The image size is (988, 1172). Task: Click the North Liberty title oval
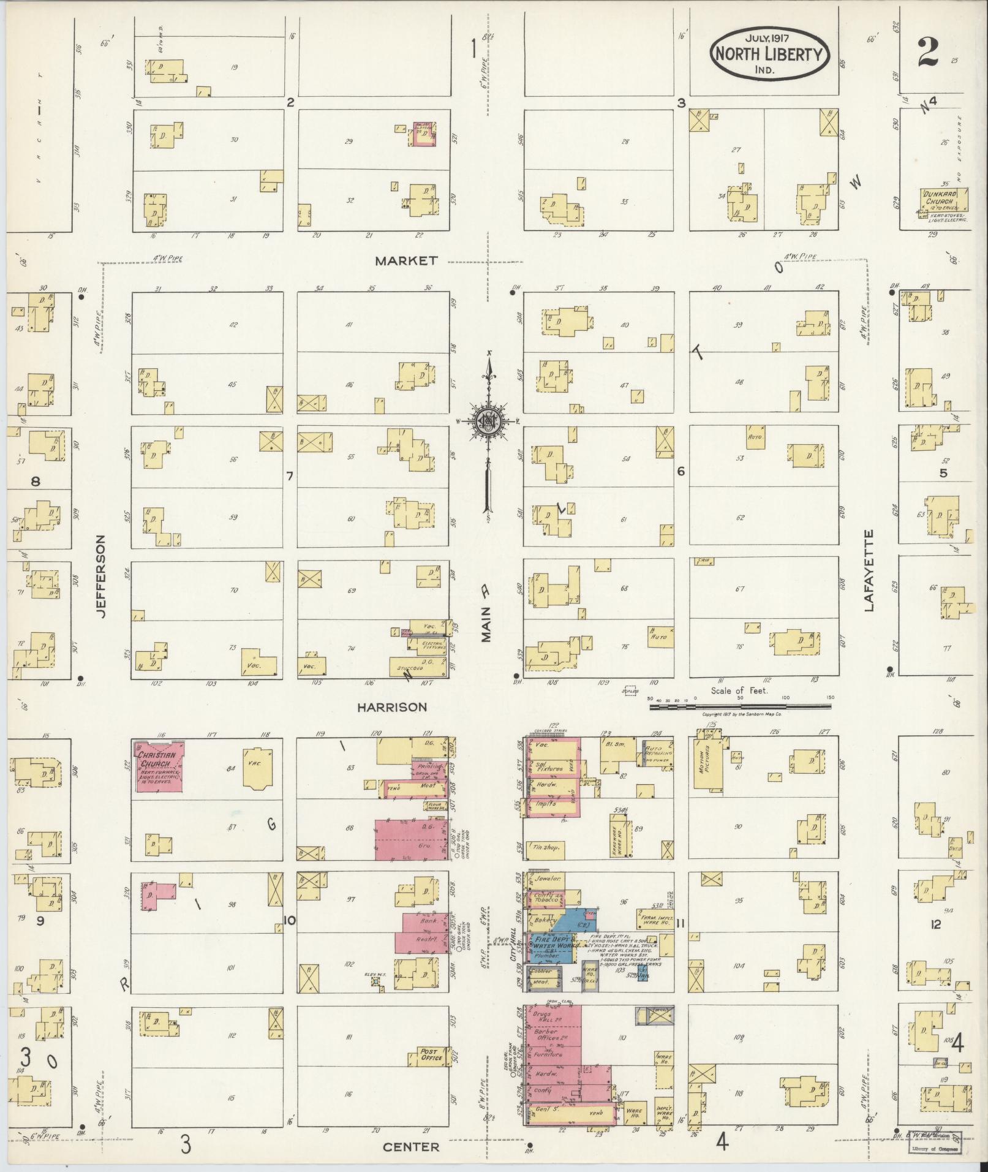[x=770, y=54]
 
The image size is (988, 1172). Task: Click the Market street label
[x=406, y=261]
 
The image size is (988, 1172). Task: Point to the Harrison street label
[x=392, y=707]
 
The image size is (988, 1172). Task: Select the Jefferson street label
[x=101, y=576]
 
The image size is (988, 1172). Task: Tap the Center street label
[x=411, y=1147]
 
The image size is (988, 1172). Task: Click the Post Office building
[x=430, y=1055]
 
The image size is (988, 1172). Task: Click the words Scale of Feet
[x=739, y=691]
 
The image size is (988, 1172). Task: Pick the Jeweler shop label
[x=548, y=879]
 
